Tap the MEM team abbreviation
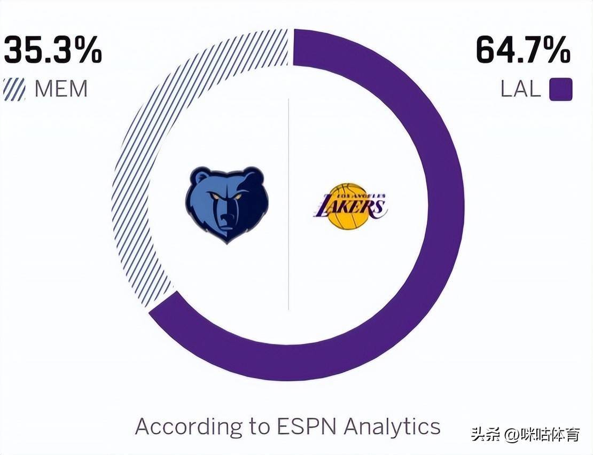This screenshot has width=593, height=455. coord(61,89)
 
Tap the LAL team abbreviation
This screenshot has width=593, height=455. coord(520,89)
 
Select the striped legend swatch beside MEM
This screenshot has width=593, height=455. coord(14,89)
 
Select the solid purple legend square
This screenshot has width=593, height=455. coord(561,89)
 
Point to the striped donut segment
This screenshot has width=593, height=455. coord(139,160)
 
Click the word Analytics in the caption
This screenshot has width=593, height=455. coord(392,427)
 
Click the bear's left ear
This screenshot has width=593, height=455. coord(201,177)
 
